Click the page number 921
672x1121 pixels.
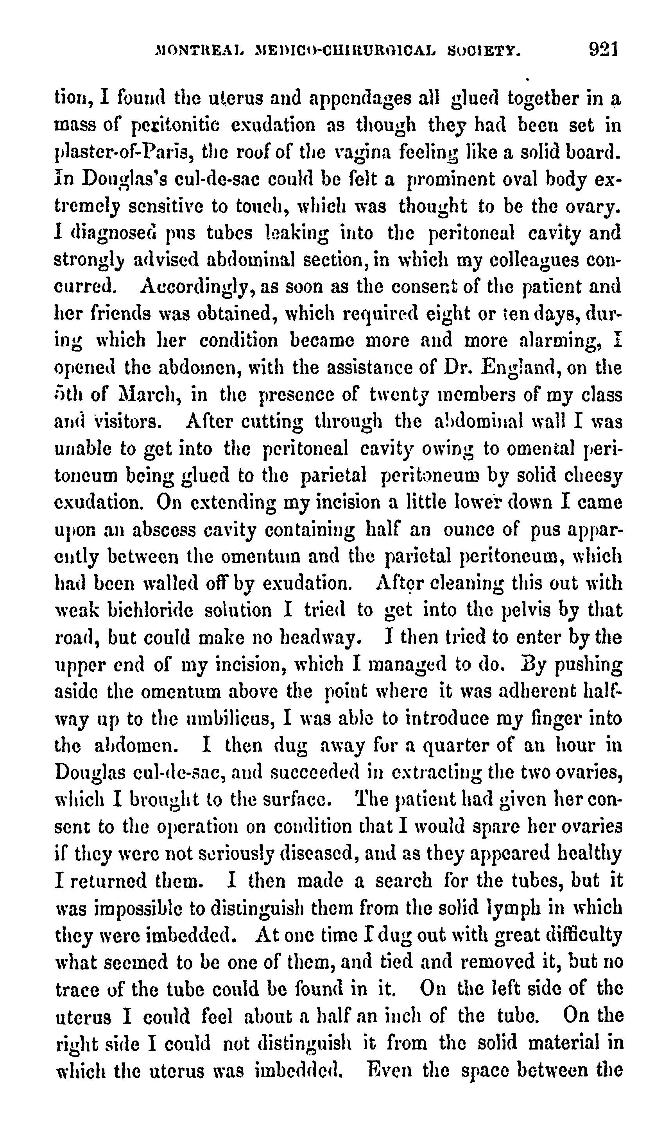(604, 49)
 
